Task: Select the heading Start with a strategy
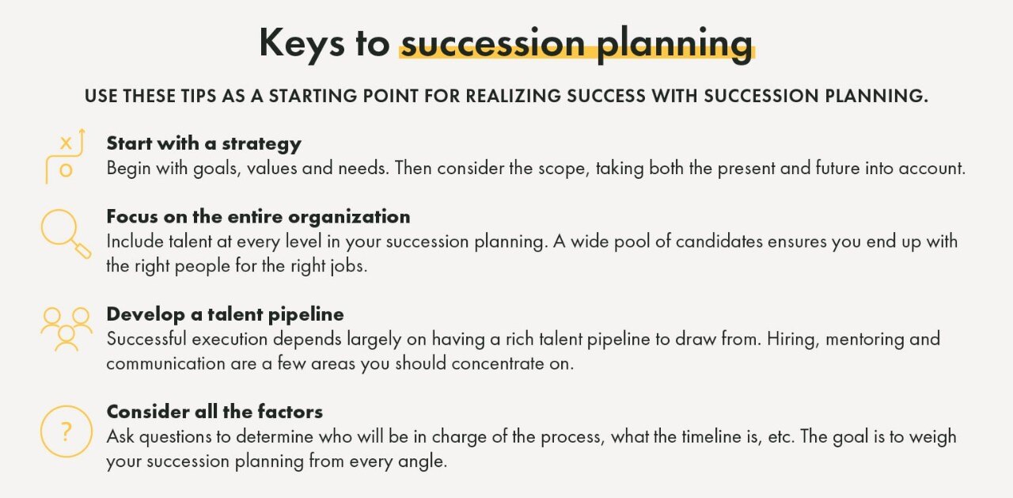tap(203, 143)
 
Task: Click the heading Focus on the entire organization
tap(258, 216)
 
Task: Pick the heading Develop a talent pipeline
tap(225, 314)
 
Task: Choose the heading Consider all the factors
tap(214, 412)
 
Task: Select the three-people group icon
tap(66, 327)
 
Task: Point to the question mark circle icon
tap(66, 431)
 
